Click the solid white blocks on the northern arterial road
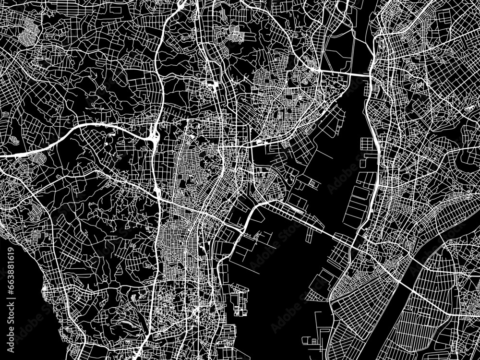211,85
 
